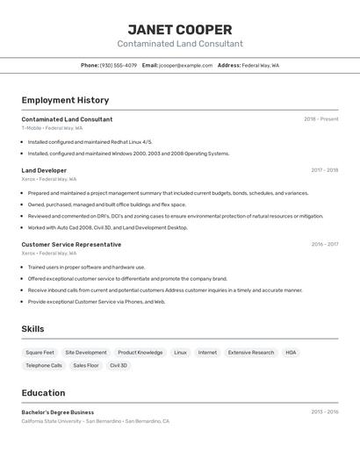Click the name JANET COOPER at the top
click(180, 29)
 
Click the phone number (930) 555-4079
click(118, 65)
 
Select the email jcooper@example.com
click(186, 65)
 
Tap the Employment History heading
click(65, 100)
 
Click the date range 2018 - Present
click(320, 119)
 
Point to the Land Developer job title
click(44, 170)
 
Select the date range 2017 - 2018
click(324, 170)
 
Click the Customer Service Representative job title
click(71, 245)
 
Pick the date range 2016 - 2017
click(324, 245)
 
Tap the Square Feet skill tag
click(40, 353)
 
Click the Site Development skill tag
click(86, 353)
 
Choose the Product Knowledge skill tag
click(140, 353)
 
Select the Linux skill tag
click(180, 353)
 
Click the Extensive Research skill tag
click(251, 353)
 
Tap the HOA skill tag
click(291, 353)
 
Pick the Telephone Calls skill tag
click(44, 365)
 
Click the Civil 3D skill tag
click(119, 365)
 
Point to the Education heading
click(43, 393)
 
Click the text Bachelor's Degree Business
click(58, 412)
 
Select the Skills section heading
click(32, 329)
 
